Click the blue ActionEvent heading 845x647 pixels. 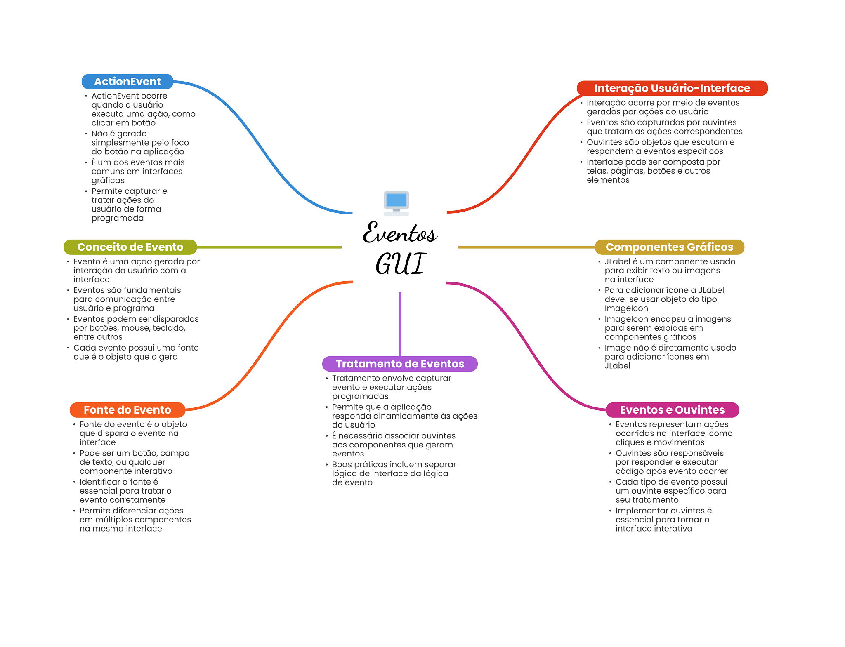pyautogui.click(x=127, y=82)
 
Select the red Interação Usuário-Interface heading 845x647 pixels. pyautogui.click(x=672, y=88)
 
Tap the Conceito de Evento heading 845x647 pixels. pyautogui.click(x=130, y=247)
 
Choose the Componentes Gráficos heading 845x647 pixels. pyautogui.click(x=669, y=247)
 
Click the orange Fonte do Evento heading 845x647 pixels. pyautogui.click(x=127, y=410)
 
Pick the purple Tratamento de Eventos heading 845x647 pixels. pyautogui.click(x=400, y=364)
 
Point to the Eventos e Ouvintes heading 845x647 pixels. pyautogui.click(x=672, y=410)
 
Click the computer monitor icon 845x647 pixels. pyautogui.click(x=396, y=203)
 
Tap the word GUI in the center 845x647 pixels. pyautogui.click(x=400, y=264)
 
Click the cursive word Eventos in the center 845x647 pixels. pyautogui.click(x=399, y=233)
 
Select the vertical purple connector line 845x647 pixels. pyautogui.click(x=400, y=324)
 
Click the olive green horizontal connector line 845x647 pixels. pyautogui.click(x=269, y=247)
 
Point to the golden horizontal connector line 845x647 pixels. pyautogui.click(x=527, y=247)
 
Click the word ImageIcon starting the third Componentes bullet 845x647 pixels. pyautogui.click(x=626, y=319)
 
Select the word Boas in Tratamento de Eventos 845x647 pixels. pyautogui.click(x=342, y=465)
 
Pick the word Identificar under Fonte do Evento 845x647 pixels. pyautogui.click(x=99, y=482)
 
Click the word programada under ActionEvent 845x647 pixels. pyautogui.click(x=118, y=219)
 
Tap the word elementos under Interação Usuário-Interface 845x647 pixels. pyautogui.click(x=608, y=180)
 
